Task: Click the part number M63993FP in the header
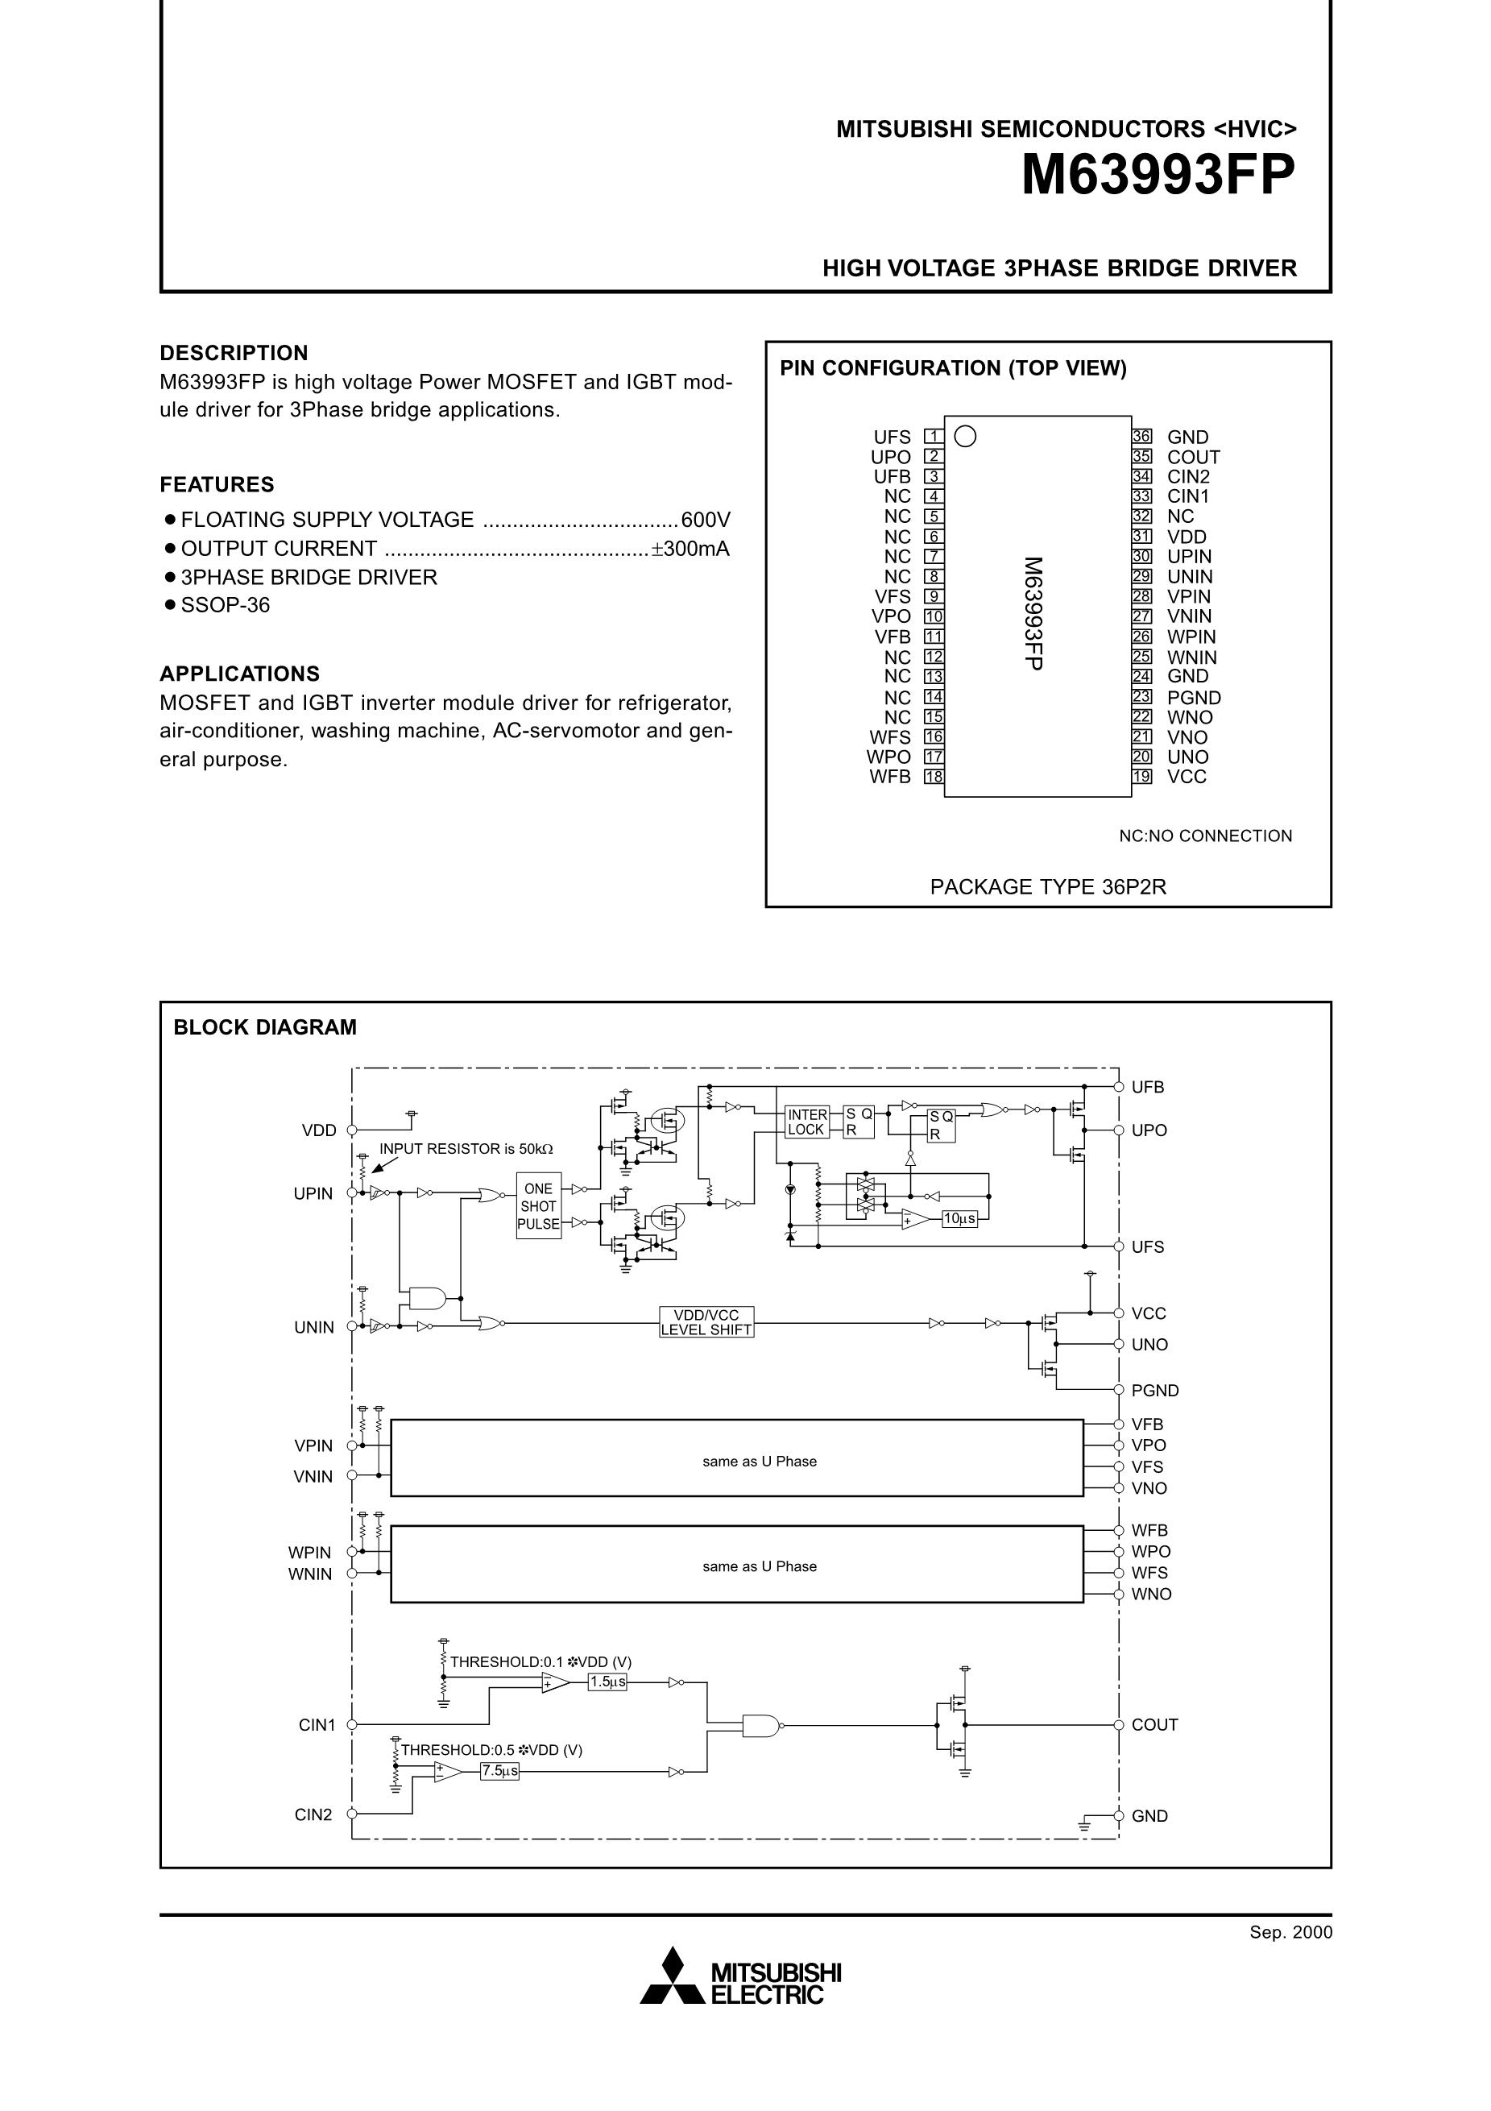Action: tap(1158, 175)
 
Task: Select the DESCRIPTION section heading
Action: tap(234, 353)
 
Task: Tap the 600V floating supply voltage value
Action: tap(705, 520)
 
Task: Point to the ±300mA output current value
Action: tap(690, 549)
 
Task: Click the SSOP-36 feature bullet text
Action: tap(226, 605)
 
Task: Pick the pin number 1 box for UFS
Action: tap(933, 437)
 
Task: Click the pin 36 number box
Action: tap(1141, 437)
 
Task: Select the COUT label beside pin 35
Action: tap(1193, 457)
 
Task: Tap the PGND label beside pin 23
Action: tap(1193, 698)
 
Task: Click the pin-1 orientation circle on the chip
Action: tap(965, 436)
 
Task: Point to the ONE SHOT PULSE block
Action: tap(539, 1206)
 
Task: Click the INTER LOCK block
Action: tap(806, 1122)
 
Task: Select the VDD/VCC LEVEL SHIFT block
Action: tap(706, 1322)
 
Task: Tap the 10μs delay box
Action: tap(959, 1218)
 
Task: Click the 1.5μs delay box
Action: tap(607, 1682)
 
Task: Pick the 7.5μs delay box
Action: tap(500, 1771)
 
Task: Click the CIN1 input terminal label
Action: tap(317, 1725)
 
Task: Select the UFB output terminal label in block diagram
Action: tap(1147, 1087)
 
